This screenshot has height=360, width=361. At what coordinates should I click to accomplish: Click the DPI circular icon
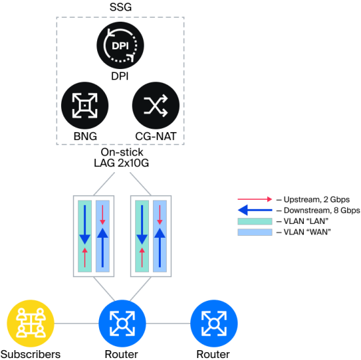click(120, 45)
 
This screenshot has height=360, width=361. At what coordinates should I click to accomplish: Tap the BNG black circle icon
click(85, 105)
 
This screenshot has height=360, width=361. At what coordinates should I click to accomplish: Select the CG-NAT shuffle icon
click(156, 105)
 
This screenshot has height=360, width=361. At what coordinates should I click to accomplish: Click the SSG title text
click(121, 7)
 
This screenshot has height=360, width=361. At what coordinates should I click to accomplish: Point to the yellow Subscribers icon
click(30, 323)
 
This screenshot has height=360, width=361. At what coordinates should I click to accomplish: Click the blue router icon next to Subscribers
click(122, 323)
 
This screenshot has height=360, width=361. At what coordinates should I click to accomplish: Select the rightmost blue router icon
click(214, 323)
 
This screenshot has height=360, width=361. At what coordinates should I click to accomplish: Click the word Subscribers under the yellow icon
click(31, 354)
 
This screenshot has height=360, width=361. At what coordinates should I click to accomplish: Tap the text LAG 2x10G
click(121, 163)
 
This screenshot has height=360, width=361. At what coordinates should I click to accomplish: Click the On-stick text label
click(122, 152)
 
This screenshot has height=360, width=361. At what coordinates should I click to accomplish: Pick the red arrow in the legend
click(255, 199)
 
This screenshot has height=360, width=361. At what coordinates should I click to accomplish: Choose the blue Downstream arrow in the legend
click(255, 210)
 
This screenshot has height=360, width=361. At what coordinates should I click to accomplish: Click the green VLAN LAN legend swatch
click(255, 221)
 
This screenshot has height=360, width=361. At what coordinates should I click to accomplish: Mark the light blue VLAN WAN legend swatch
click(255, 232)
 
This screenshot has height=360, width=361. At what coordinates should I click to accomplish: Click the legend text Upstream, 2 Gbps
click(316, 199)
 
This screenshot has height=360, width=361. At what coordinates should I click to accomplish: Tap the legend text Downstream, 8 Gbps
click(322, 210)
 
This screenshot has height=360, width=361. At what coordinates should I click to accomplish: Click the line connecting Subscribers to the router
click(76, 323)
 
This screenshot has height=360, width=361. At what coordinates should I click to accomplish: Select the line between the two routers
click(168, 323)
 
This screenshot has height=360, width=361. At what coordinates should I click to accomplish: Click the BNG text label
click(85, 136)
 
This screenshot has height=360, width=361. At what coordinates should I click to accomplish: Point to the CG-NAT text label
click(156, 136)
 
